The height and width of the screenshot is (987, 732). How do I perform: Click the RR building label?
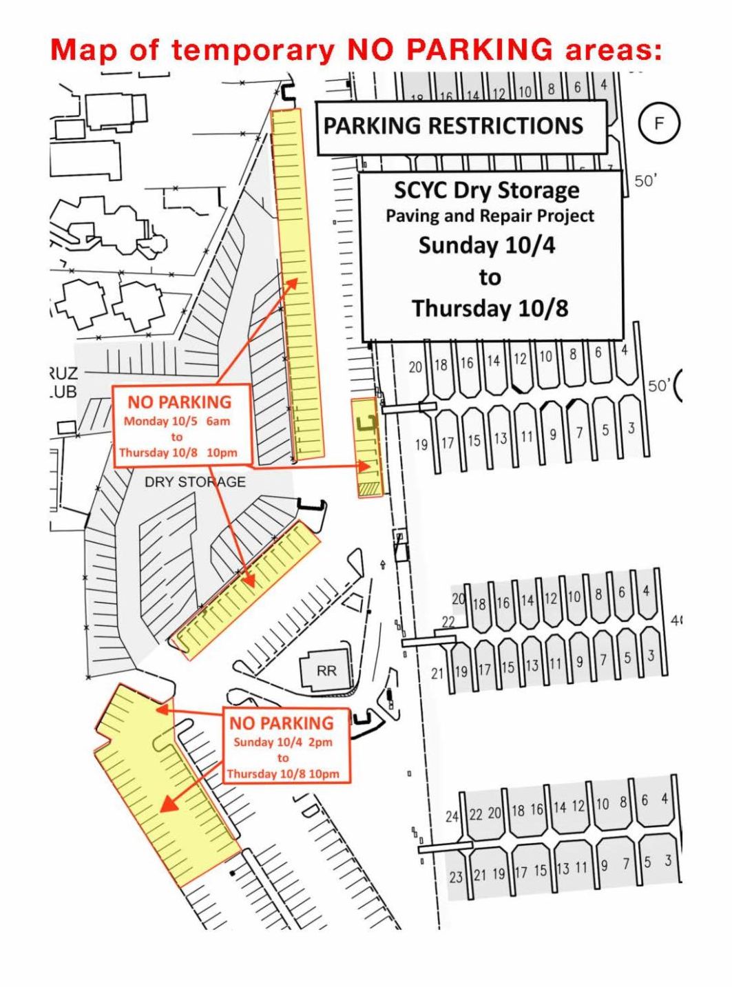coord(326,670)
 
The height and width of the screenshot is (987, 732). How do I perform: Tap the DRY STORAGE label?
coord(195,481)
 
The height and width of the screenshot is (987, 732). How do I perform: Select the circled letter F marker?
coord(659,124)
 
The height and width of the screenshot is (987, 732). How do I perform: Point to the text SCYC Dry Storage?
coord(487,190)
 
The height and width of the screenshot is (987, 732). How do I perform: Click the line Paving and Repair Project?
coord(490,216)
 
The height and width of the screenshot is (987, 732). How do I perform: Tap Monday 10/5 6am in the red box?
coord(177,421)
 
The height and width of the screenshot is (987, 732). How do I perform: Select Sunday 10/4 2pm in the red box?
coord(282,742)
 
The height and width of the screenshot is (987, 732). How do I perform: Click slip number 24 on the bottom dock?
coord(452,816)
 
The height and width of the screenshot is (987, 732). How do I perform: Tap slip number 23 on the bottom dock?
coord(456,877)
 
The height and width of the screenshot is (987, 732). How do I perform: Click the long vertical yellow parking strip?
coord(298,282)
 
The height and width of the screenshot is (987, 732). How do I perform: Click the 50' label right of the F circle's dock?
coord(646,181)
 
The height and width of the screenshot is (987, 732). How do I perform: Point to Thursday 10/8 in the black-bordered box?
coord(490,308)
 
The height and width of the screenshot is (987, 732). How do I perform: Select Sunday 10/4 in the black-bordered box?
coord(487,245)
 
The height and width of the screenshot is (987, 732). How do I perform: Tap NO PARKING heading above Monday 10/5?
coord(179,402)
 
